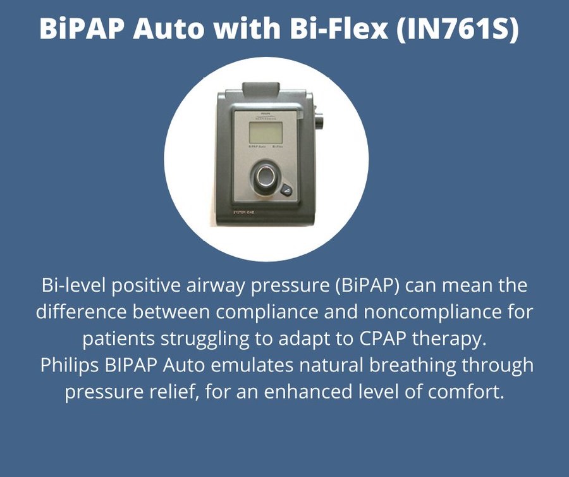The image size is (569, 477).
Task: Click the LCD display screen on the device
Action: coord(266,133)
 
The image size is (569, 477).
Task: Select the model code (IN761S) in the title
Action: coord(458,30)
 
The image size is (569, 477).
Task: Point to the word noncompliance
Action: coord(435,312)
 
